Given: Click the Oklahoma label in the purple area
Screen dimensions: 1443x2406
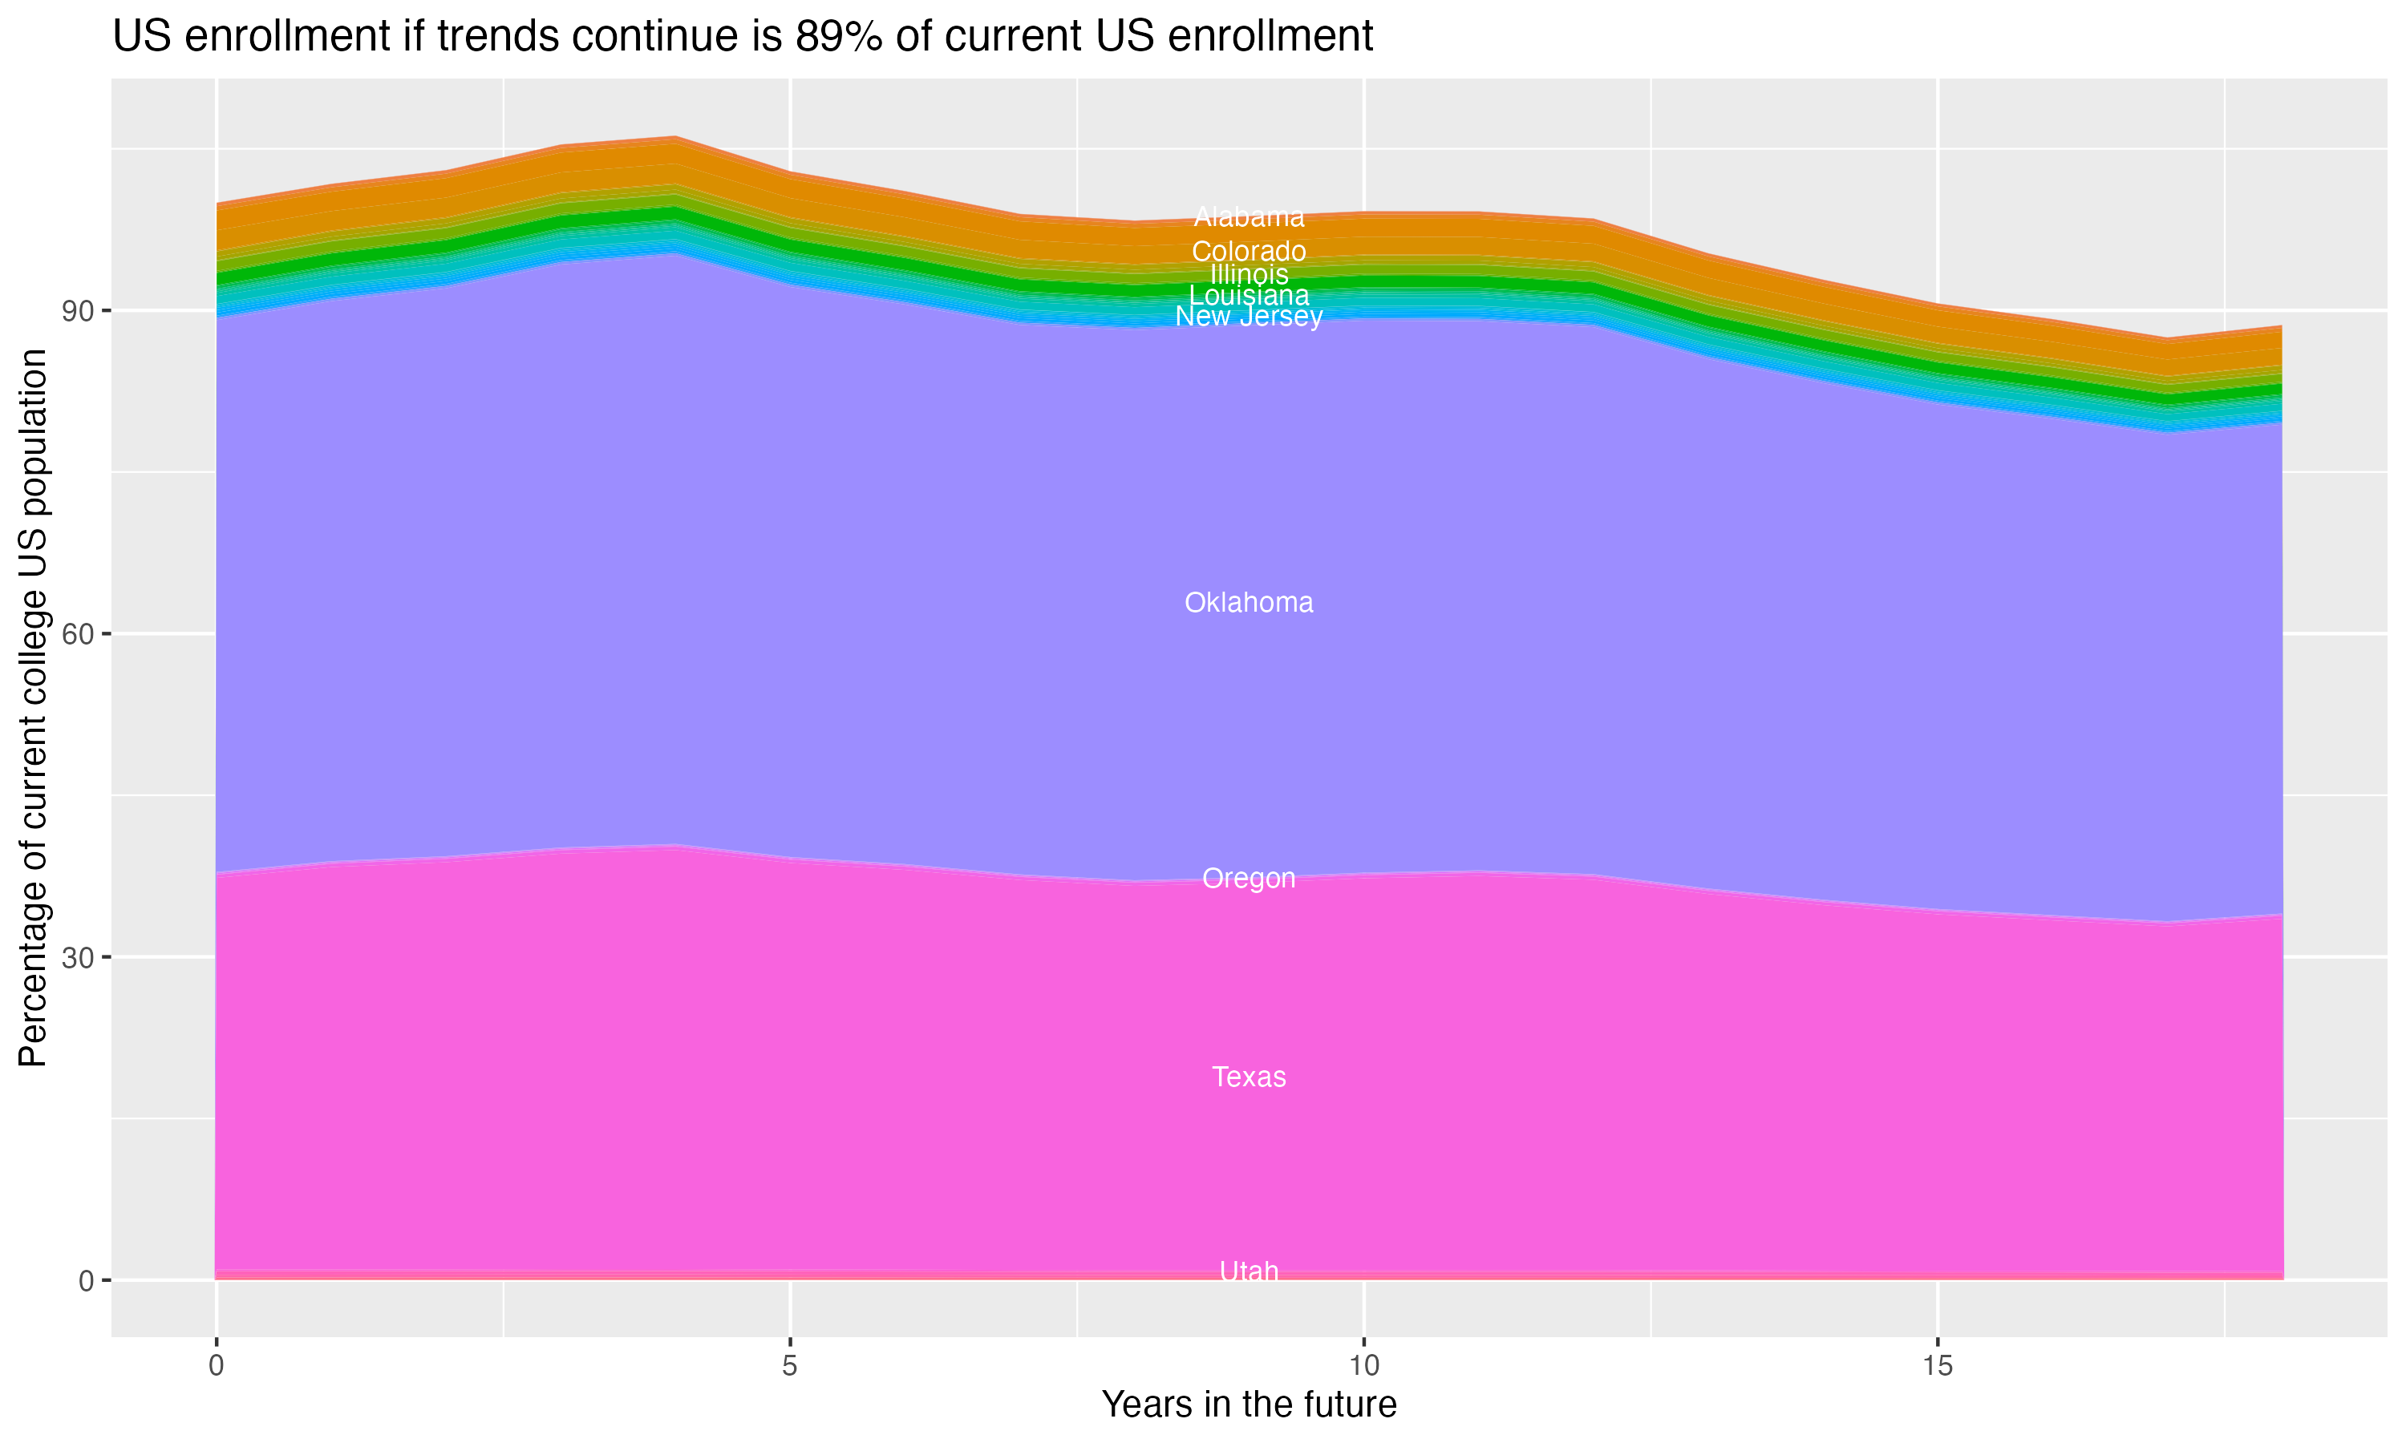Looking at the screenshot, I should pos(1249,603).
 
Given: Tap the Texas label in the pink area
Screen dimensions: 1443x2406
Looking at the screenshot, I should pos(1249,1077).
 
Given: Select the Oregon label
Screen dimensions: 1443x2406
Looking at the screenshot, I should pos(1249,879).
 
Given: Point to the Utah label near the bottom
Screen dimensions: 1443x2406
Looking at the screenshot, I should pos(1249,1271).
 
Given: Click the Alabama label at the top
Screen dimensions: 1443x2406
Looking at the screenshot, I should pos(1249,216).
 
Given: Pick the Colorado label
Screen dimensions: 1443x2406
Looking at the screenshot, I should pos(1249,251).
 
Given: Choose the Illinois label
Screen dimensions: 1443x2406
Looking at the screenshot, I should pos(1249,274).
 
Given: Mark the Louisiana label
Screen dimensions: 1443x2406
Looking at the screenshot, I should pos(1249,296).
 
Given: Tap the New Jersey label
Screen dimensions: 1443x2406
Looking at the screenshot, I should pos(1249,317).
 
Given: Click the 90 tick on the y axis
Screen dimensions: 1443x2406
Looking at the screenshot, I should pos(79,311).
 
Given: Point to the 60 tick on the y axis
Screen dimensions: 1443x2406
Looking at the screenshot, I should pos(79,634).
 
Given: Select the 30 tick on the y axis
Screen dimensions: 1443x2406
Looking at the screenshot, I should pos(79,958).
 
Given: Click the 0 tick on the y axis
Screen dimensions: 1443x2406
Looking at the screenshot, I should pos(87,1280).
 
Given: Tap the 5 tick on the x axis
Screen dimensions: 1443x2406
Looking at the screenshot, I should pos(790,1366).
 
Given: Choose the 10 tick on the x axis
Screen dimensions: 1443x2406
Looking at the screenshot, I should pos(1363,1366).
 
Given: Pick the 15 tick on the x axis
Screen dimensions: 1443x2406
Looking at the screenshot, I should pos(1938,1366).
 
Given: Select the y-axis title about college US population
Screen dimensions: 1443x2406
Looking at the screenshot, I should pos(33,708).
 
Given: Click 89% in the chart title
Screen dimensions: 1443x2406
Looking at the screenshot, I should pos(838,37).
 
